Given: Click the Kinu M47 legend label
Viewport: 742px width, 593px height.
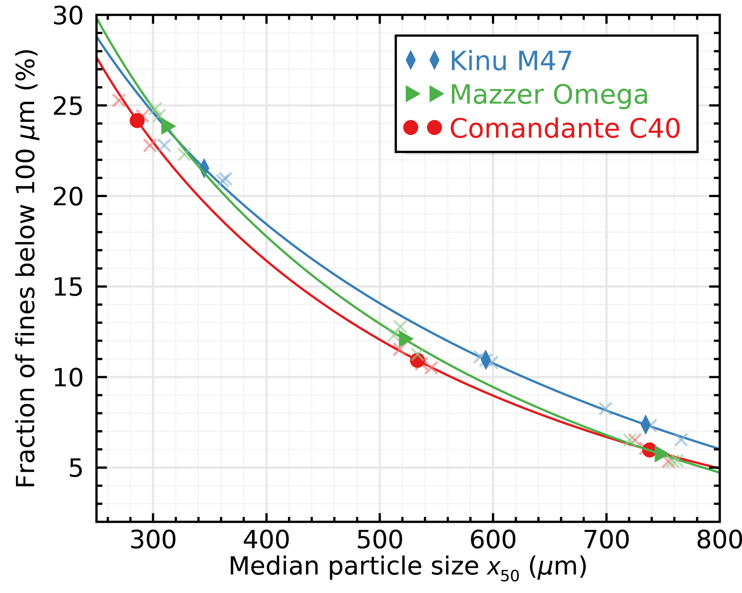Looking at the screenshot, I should tap(510, 61).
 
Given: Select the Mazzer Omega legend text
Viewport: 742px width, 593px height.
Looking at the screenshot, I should tap(549, 95).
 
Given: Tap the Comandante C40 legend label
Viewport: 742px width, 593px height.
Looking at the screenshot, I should tap(565, 129).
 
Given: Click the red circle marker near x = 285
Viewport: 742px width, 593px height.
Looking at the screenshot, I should tap(137, 120).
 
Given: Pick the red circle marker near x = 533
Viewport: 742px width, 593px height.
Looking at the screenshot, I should tap(417, 360).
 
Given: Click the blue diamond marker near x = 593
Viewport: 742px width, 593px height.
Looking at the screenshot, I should tap(486, 359).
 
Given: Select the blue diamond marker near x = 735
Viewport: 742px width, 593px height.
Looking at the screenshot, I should tap(646, 425).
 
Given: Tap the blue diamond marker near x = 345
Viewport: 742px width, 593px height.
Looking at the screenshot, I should tap(204, 167).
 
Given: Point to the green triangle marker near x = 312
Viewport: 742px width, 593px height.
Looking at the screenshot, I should tap(168, 126).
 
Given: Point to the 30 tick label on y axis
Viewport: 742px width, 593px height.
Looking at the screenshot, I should tap(68, 17).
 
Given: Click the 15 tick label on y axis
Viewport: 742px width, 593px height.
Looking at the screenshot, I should tap(68, 288).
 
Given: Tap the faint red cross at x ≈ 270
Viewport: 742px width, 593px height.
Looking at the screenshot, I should tap(119, 101).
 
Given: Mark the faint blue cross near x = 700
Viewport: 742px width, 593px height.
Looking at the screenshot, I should tap(605, 409).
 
